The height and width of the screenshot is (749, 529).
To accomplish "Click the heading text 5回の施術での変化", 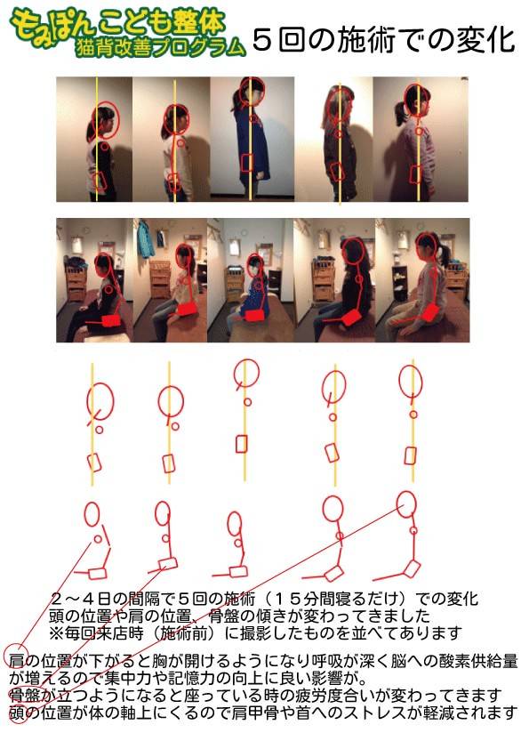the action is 383,40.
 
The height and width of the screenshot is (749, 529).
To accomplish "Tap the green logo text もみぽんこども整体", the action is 118,24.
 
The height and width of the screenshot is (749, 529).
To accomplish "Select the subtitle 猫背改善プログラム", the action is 160,48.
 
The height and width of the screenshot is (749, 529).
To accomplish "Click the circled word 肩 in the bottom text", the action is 16,661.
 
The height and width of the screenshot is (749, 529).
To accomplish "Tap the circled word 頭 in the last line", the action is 16,713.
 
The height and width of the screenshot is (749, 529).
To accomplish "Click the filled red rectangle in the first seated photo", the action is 112,319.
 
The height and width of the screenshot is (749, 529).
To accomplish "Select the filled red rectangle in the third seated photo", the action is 257,315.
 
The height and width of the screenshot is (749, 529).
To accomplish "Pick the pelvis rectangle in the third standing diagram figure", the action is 242,444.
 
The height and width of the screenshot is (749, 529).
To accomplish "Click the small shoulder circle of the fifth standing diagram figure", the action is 413,415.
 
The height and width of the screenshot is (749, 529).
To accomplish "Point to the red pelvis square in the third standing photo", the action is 246,164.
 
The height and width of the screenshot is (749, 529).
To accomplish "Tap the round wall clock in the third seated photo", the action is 244,233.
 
